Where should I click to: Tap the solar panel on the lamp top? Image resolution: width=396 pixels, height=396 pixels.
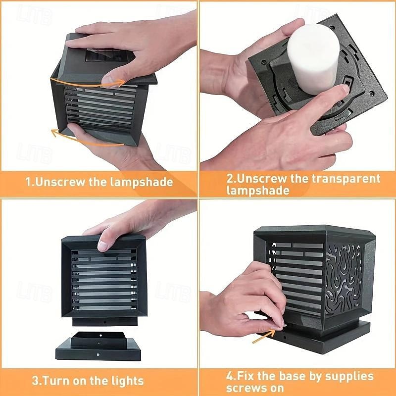coord(106,55)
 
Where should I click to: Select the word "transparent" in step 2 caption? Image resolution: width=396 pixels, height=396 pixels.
coord(346,179)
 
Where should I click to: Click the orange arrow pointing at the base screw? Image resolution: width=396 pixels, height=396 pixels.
coord(264,336)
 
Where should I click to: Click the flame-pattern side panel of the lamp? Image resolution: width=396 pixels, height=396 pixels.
coord(344,280)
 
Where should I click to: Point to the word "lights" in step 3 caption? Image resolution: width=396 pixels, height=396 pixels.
coord(127,381)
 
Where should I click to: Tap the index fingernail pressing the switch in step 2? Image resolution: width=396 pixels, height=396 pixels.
coord(345,89)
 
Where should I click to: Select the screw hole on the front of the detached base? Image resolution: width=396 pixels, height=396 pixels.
coord(98,354)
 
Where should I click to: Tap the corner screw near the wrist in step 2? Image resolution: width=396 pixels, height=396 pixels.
coord(264,61)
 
